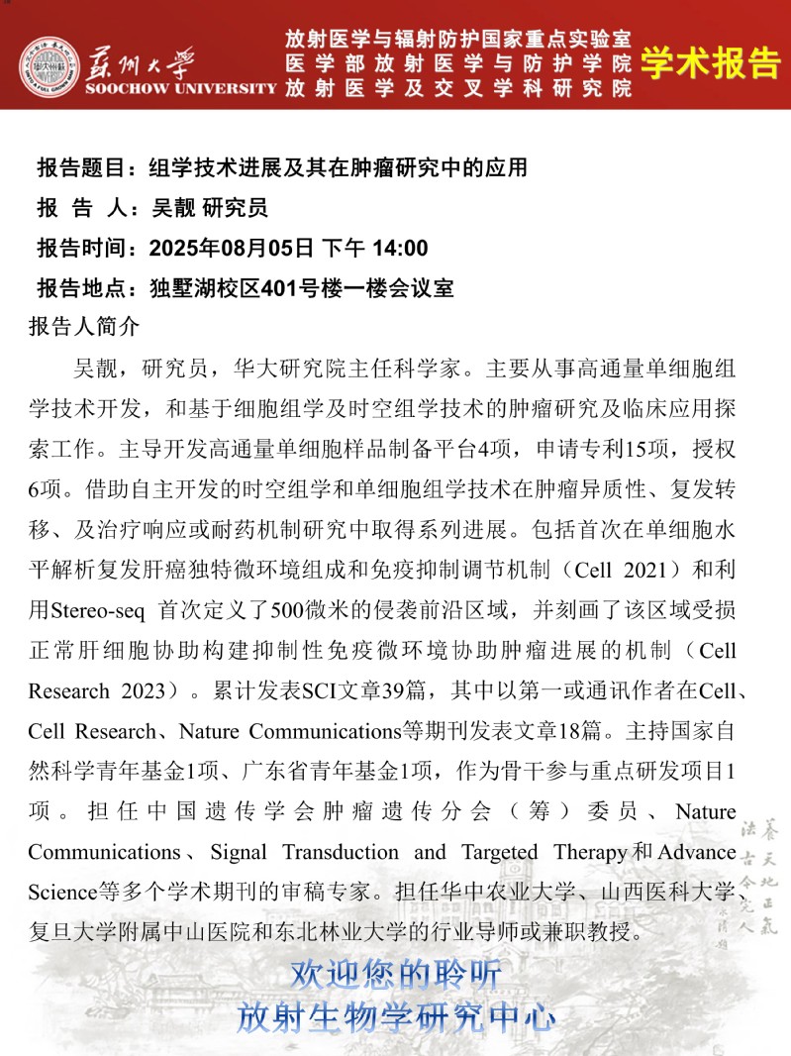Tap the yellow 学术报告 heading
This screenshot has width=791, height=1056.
point(710,62)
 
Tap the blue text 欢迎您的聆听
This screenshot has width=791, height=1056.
point(396,974)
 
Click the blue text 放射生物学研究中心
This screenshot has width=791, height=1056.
point(396,1016)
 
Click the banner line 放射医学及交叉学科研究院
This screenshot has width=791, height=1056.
point(457,88)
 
